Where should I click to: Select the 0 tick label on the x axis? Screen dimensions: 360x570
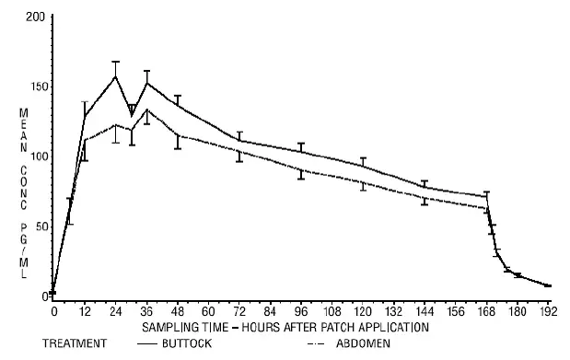53,311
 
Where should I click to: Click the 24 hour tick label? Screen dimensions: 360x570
115,311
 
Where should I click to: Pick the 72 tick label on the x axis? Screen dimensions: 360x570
239,311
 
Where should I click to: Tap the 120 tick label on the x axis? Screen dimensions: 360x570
363,311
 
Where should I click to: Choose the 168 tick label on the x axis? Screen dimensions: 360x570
486,311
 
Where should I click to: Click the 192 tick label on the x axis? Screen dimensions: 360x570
548,311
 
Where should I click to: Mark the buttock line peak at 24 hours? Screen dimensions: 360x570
115,75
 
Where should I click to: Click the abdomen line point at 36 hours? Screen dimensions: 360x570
146,110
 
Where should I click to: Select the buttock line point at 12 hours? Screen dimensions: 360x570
85,116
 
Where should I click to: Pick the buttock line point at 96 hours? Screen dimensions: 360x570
301,151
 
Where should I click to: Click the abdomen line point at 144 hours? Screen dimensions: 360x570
425,198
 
